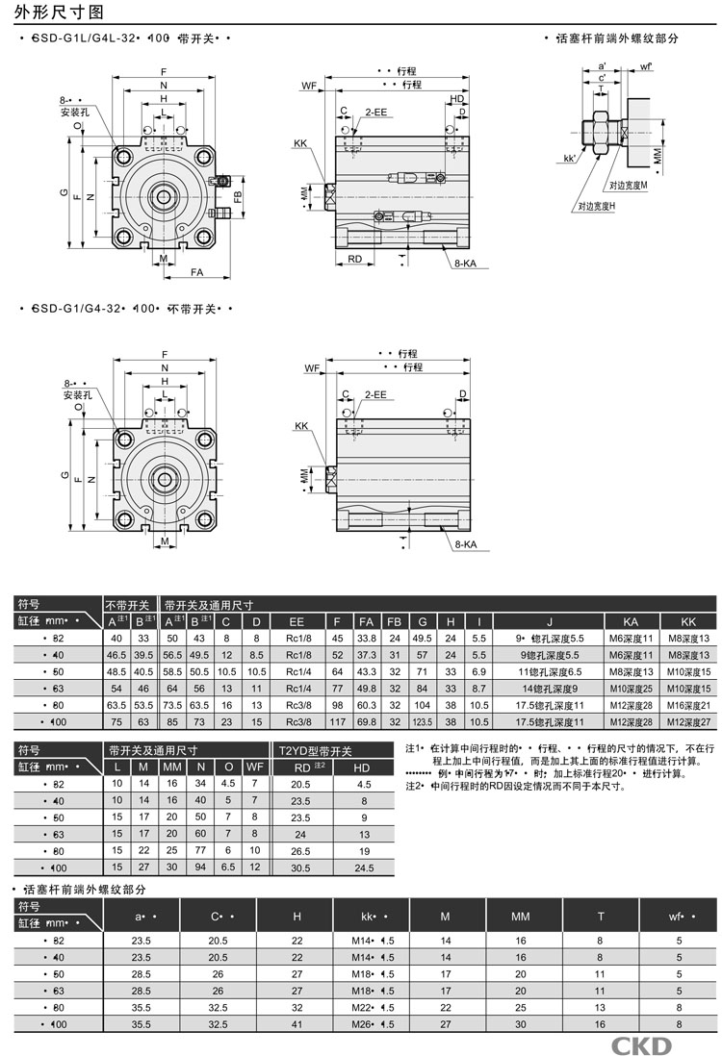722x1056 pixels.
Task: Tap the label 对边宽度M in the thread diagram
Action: (x=628, y=184)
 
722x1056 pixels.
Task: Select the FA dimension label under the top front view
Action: (x=196, y=273)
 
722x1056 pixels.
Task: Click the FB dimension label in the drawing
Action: (x=237, y=198)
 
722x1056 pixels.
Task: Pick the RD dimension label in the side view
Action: (x=354, y=259)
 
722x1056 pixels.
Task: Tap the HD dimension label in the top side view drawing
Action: (x=456, y=99)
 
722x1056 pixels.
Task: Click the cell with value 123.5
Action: (x=421, y=722)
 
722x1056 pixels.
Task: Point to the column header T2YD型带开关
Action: (x=316, y=750)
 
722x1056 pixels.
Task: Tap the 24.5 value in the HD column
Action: (x=363, y=868)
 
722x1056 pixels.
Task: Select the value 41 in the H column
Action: (x=297, y=1025)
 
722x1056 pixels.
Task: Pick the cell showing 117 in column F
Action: (x=338, y=722)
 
